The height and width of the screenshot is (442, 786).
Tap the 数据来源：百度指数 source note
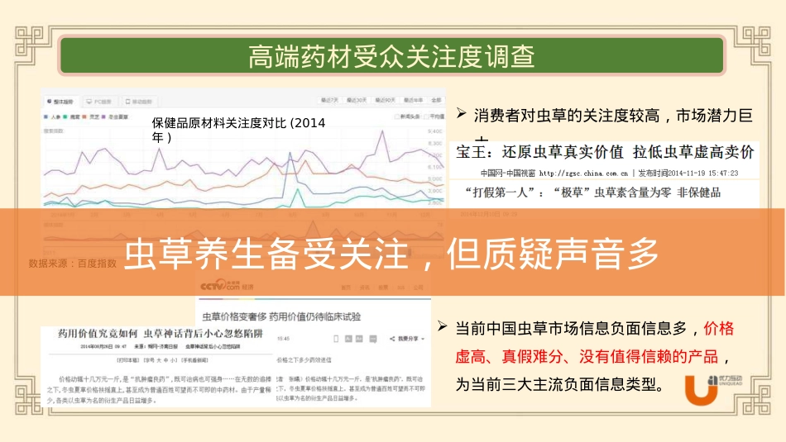point(73,264)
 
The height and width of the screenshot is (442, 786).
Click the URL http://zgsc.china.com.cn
point(583,173)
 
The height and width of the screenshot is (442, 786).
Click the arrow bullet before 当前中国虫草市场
point(443,327)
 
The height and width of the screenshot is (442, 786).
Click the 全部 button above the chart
point(435,101)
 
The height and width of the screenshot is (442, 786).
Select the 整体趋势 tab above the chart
point(61,101)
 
